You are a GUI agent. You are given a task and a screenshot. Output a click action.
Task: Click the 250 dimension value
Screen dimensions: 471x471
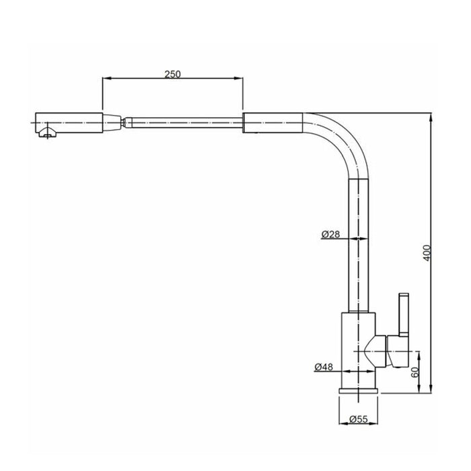(172, 74)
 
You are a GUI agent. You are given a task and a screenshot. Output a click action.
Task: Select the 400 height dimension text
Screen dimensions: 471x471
(427, 253)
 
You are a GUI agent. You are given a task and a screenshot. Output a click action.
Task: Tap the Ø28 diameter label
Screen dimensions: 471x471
(330, 234)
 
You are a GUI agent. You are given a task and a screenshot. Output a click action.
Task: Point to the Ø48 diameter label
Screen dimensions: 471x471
(324, 367)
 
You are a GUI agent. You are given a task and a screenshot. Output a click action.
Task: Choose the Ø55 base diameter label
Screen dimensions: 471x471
(359, 419)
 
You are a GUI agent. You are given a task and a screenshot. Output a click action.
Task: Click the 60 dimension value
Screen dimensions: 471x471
(415, 373)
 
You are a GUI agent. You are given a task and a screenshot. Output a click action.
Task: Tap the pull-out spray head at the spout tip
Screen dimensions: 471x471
(69, 122)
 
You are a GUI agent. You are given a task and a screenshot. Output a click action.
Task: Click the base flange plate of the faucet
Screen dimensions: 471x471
(359, 391)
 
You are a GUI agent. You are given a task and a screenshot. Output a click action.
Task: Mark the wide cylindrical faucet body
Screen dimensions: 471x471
(359, 351)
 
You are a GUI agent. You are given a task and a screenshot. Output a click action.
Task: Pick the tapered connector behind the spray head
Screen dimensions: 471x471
(112, 122)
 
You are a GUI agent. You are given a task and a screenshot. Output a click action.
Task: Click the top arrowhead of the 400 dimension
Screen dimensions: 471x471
(431, 118)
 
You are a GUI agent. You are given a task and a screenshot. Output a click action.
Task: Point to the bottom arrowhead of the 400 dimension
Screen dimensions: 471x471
(431, 388)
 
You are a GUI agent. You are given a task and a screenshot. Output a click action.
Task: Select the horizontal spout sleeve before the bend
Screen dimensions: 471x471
(273, 122)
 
